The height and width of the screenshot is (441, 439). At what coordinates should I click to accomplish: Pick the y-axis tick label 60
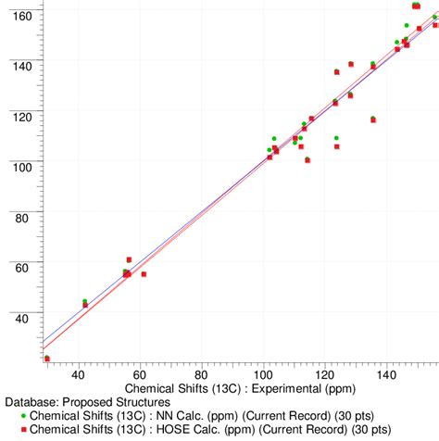[x=22, y=268]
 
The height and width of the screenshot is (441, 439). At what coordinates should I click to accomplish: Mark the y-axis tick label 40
[x=22, y=318]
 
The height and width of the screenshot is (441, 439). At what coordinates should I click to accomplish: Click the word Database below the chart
[x=30, y=402]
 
